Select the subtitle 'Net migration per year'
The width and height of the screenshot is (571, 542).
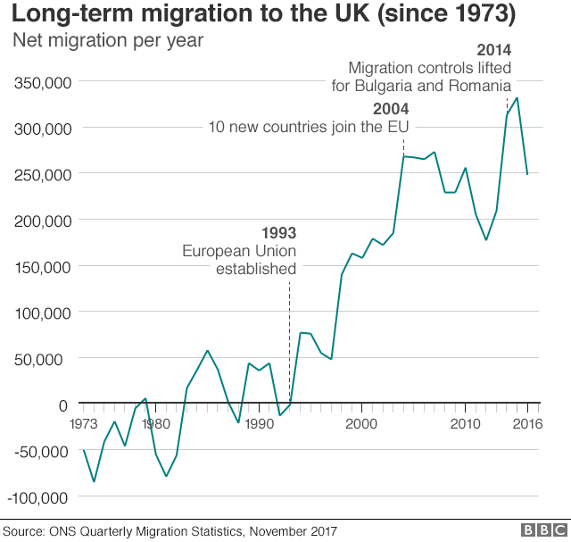click(x=106, y=41)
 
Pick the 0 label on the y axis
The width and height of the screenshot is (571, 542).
click(x=62, y=404)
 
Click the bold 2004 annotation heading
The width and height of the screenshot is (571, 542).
click(x=391, y=108)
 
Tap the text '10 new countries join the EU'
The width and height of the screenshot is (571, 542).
click(x=308, y=126)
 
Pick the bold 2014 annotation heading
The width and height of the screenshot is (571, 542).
click(x=493, y=50)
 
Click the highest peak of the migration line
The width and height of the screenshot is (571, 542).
click(x=517, y=98)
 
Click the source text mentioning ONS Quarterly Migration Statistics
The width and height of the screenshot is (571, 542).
click(x=170, y=531)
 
